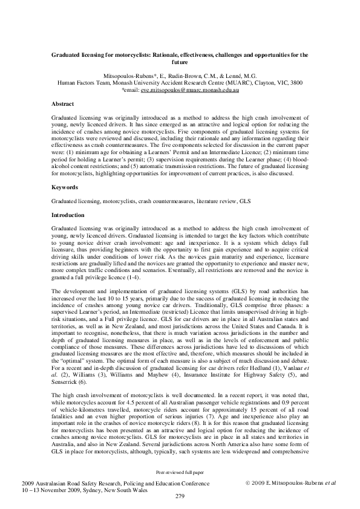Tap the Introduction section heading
(68, 215)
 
